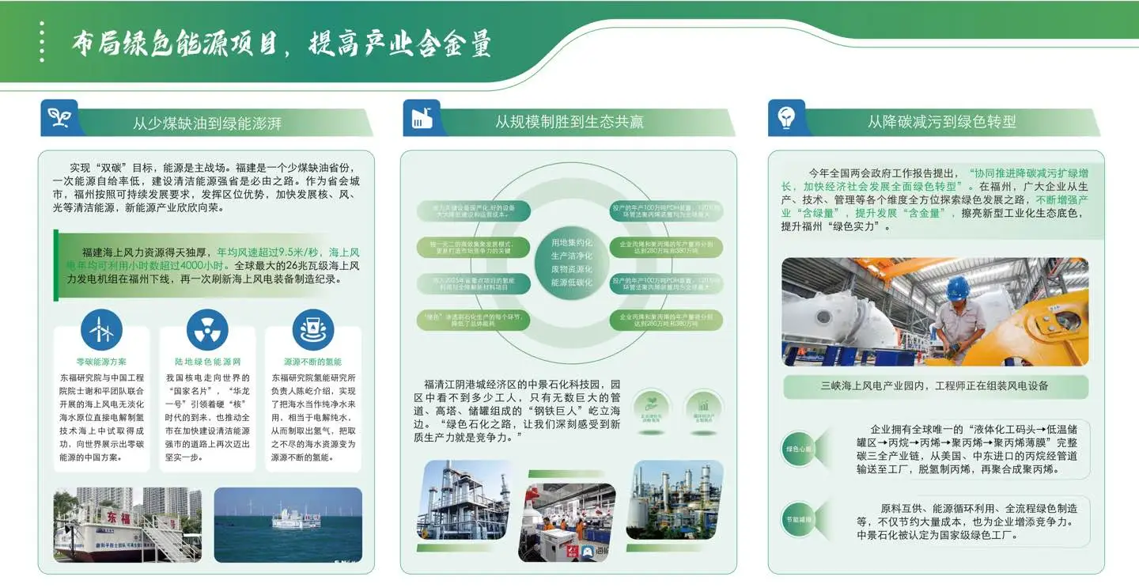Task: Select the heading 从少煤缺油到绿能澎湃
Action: tap(206, 123)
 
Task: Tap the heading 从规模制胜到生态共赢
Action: tap(569, 122)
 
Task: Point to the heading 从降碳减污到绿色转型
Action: tap(941, 122)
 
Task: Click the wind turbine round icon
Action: tap(101, 329)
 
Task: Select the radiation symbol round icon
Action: tap(207, 329)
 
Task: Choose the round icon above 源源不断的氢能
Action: tap(313, 329)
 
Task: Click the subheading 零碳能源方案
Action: tap(101, 362)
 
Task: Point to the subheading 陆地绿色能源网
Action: tap(207, 362)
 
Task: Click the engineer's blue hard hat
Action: tap(959, 287)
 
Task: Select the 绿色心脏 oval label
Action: tap(798, 449)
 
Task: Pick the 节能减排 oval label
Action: tap(798, 519)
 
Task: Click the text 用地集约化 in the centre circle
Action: tap(571, 242)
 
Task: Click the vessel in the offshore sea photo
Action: tap(296, 519)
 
